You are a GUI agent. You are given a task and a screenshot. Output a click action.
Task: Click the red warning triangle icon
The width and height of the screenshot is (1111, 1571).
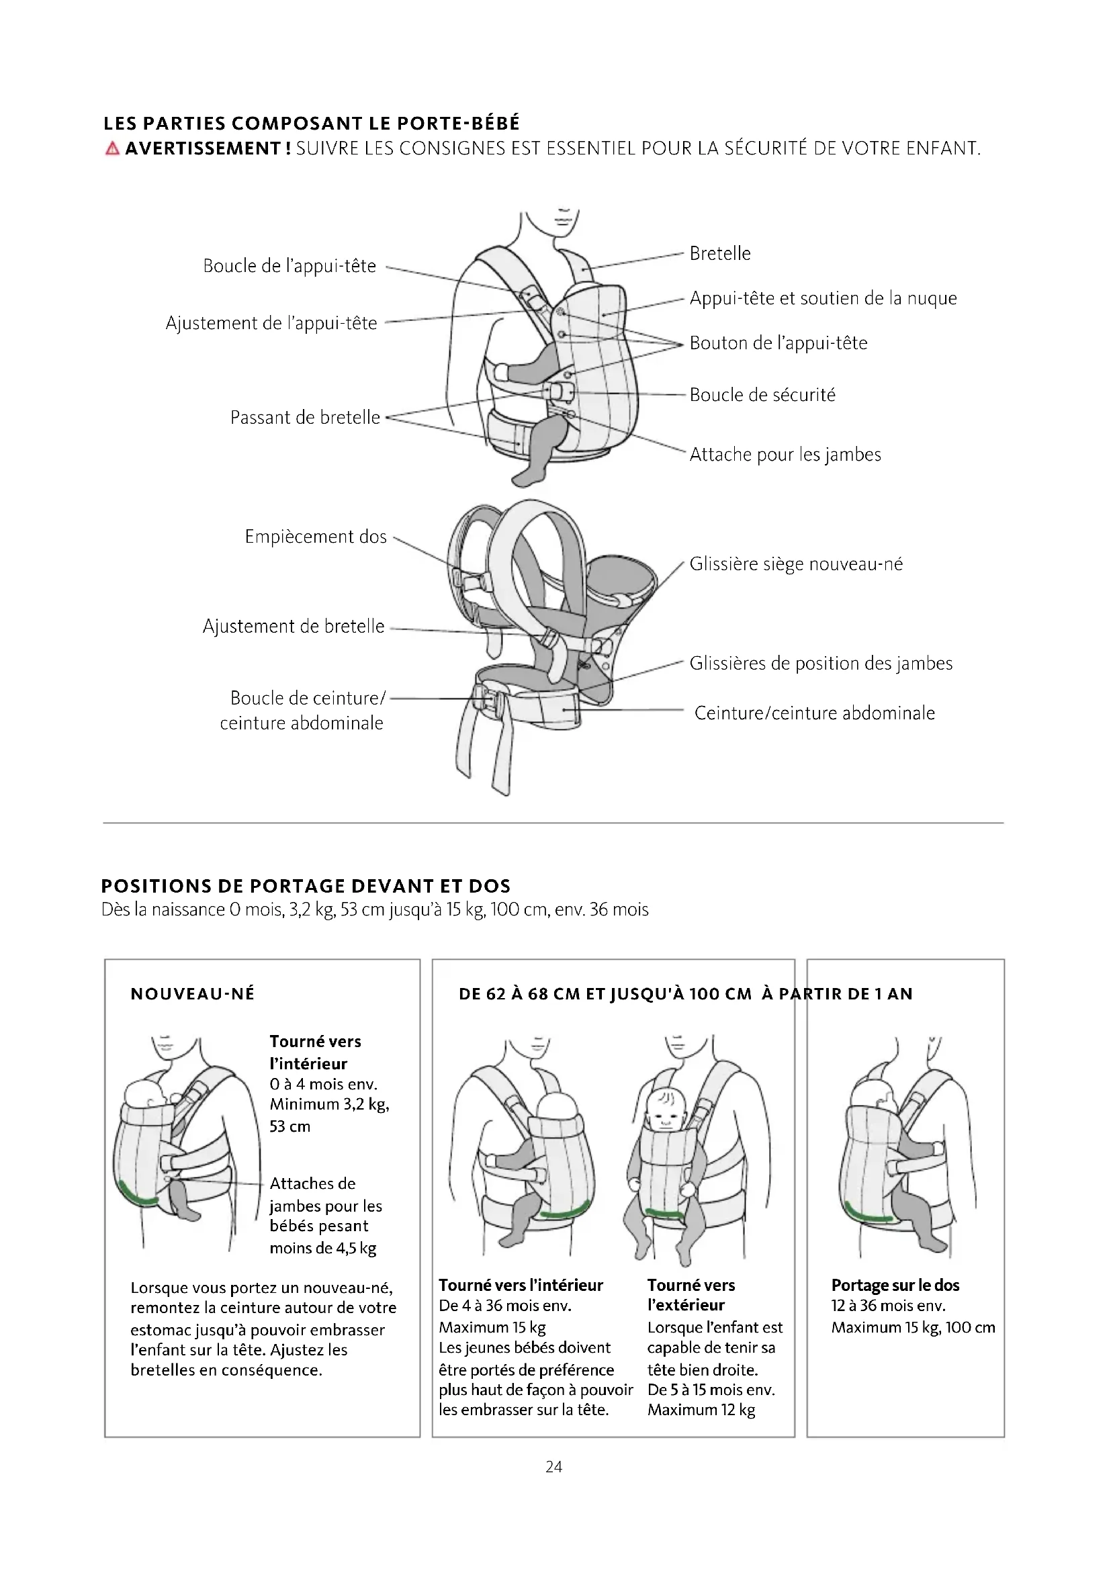(112, 148)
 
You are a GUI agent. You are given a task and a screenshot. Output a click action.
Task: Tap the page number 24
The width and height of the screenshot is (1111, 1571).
(554, 1467)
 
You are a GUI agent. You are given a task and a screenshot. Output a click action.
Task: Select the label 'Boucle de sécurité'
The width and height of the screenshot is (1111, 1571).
(762, 395)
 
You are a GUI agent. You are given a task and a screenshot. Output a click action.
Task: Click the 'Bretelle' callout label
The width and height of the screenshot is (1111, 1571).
(719, 254)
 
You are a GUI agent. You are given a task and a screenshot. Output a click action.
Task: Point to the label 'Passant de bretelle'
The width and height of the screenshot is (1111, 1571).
(305, 417)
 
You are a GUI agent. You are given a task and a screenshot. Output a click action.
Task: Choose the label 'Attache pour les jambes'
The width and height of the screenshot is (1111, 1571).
(785, 454)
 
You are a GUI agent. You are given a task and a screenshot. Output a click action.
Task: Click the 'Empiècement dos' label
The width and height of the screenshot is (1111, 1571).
(316, 537)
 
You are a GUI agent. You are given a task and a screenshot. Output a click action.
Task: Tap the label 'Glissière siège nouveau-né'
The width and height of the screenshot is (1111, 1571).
(795, 564)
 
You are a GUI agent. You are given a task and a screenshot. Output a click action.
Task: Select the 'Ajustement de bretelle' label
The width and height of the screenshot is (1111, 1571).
(294, 627)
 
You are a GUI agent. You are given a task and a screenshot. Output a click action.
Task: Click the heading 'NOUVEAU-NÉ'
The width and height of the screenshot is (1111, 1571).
(192, 994)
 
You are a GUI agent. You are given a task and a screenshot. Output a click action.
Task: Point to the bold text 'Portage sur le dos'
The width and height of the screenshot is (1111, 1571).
(895, 1285)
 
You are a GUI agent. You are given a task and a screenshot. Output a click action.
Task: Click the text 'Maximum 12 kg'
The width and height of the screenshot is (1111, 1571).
(701, 1410)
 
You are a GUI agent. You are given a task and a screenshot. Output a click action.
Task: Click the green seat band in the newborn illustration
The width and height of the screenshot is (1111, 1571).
(137, 1195)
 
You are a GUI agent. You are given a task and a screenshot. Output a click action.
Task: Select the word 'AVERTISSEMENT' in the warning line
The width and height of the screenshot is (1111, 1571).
(203, 148)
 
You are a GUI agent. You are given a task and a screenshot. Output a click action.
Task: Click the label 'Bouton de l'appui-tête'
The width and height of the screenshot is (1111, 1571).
(778, 343)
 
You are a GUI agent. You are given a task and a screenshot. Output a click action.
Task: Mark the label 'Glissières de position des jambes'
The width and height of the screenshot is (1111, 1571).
(820, 664)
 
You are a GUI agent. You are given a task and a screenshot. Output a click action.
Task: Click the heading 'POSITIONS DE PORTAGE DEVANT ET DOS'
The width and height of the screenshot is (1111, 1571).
(306, 886)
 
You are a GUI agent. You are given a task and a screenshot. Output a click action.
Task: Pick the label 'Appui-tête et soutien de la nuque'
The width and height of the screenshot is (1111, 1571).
(823, 298)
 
